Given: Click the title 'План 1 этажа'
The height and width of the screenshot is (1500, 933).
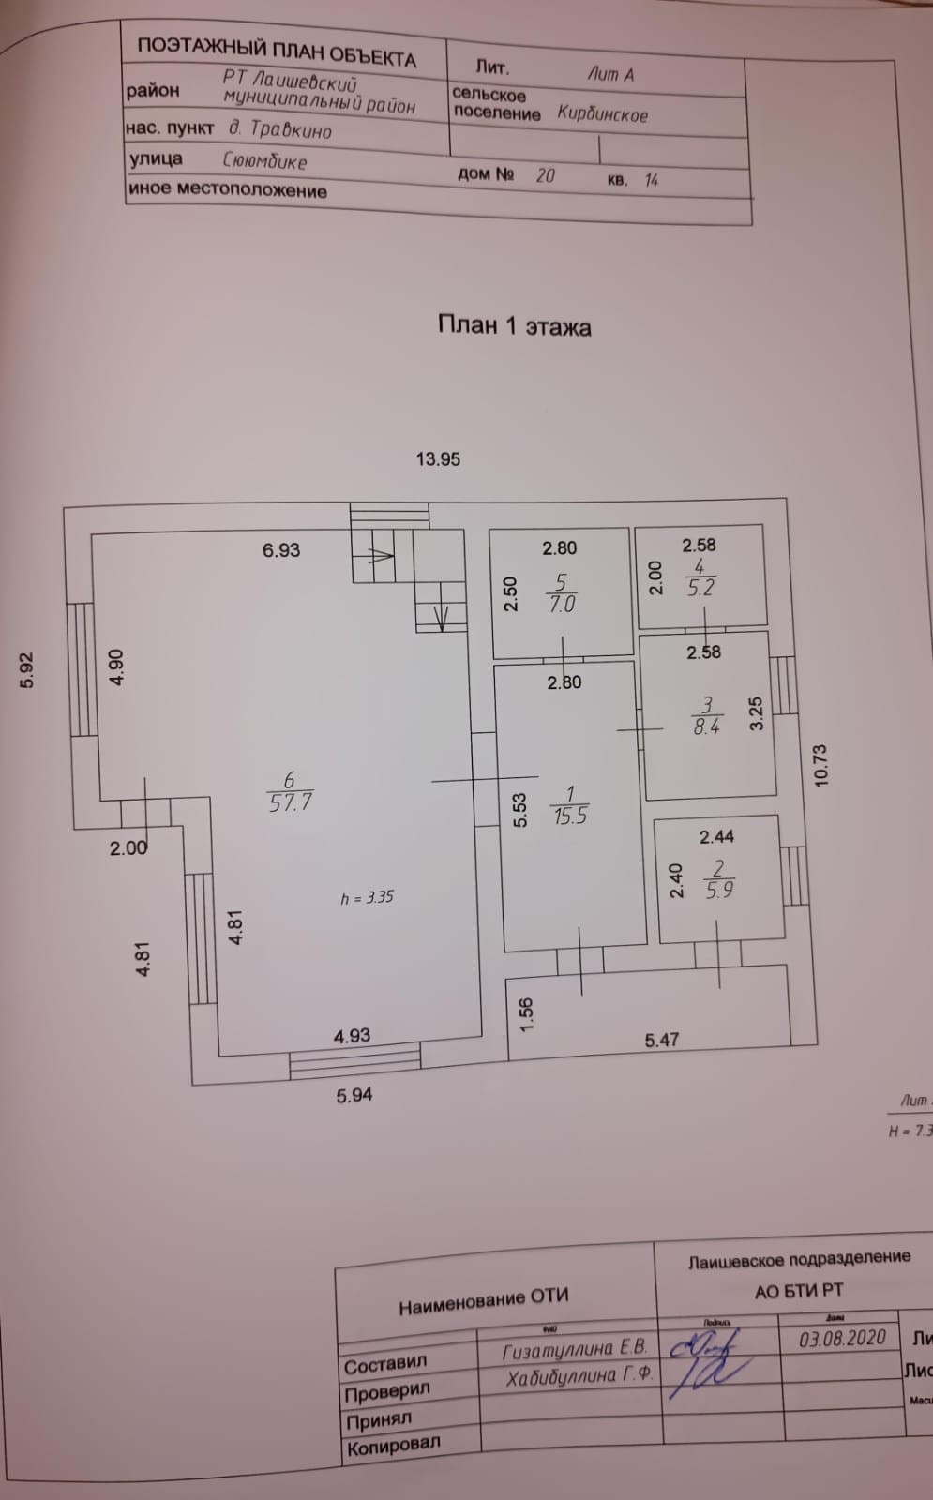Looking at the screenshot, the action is pyautogui.click(x=514, y=326).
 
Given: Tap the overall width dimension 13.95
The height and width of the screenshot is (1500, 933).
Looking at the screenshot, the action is pyautogui.click(x=438, y=459).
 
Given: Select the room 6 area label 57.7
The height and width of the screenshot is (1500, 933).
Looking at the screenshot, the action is pyautogui.click(x=291, y=802).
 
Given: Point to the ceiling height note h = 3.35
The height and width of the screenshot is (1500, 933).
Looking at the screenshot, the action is pyautogui.click(x=367, y=897).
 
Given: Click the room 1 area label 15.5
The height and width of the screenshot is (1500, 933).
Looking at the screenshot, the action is pyautogui.click(x=570, y=817).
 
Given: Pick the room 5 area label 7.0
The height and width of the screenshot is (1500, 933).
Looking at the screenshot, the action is pyautogui.click(x=562, y=605).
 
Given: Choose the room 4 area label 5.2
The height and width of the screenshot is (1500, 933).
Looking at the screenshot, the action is pyautogui.click(x=700, y=589).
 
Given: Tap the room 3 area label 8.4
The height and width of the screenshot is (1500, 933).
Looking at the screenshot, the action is pyautogui.click(x=706, y=726).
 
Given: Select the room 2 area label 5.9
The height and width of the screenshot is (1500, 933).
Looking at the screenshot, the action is pyautogui.click(x=719, y=891).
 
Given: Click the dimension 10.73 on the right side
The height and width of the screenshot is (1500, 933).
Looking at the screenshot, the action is pyautogui.click(x=821, y=765).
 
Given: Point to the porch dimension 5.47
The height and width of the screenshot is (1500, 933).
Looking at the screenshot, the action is pyautogui.click(x=661, y=1040).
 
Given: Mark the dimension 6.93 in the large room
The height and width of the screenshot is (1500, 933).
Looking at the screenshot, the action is pyautogui.click(x=281, y=550).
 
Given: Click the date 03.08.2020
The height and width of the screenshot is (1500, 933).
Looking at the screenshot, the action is pyautogui.click(x=842, y=1338).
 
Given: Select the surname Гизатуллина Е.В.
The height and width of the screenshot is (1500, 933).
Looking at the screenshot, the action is pyautogui.click(x=575, y=1350).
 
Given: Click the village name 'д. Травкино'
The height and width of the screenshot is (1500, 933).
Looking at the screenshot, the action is pyautogui.click(x=280, y=130).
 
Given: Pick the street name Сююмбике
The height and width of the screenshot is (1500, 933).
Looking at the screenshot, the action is pyautogui.click(x=264, y=160).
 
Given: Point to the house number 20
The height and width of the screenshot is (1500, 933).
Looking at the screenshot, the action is pyautogui.click(x=545, y=175).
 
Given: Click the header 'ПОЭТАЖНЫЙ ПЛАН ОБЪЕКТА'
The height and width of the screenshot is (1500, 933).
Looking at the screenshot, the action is pyautogui.click(x=277, y=53).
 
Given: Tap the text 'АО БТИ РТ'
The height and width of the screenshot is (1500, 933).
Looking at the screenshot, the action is pyautogui.click(x=799, y=1292).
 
